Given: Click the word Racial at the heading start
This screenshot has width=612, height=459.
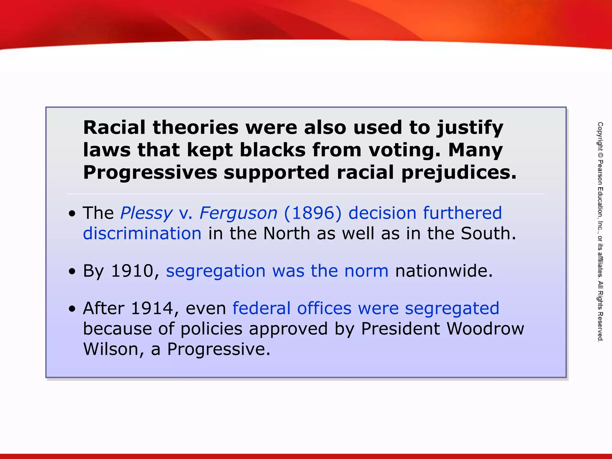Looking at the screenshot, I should coord(114,128).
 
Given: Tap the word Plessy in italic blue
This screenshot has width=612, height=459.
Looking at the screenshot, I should coord(146,213).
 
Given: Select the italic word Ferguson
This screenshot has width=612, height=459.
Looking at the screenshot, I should coord(238,213).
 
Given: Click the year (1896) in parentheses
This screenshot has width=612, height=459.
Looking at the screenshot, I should coord(313,213).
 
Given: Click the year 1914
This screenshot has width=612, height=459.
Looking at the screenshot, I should coord(152,308).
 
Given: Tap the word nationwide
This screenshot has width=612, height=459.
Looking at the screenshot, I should coord(443,271).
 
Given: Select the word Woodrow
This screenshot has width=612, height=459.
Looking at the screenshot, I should coord(485,329).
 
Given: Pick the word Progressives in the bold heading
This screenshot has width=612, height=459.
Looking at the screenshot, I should coord(150,173).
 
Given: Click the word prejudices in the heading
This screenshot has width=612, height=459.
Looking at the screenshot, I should coord(459,173).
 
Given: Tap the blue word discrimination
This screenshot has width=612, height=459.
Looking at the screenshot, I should coord(142,233).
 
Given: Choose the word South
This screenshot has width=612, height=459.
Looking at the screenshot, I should coord(488,233).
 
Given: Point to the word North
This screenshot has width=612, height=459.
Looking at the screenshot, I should coord(287,233).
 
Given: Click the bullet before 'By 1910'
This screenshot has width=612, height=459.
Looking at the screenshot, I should coord(72,272).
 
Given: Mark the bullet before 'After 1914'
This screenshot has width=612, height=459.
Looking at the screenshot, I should coord(72,309).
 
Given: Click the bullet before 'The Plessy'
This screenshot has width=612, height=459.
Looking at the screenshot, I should coord(72,214).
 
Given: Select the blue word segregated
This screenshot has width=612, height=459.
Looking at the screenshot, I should coord(452,308).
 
